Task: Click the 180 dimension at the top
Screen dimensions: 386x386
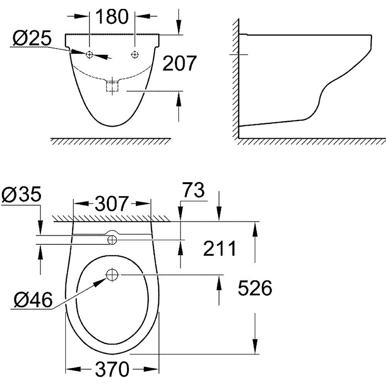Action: click(112, 17)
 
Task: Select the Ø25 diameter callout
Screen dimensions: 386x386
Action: click(32, 38)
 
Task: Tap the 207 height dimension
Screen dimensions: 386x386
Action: click(179, 63)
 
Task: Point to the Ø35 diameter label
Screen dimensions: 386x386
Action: click(21, 194)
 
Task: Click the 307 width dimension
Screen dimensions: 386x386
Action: click(112, 203)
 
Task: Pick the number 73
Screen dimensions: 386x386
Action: click(193, 190)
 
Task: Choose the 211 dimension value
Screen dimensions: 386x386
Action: click(220, 249)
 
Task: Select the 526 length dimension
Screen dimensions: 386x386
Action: click(255, 288)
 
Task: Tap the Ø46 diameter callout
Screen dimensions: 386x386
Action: click(33, 300)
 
